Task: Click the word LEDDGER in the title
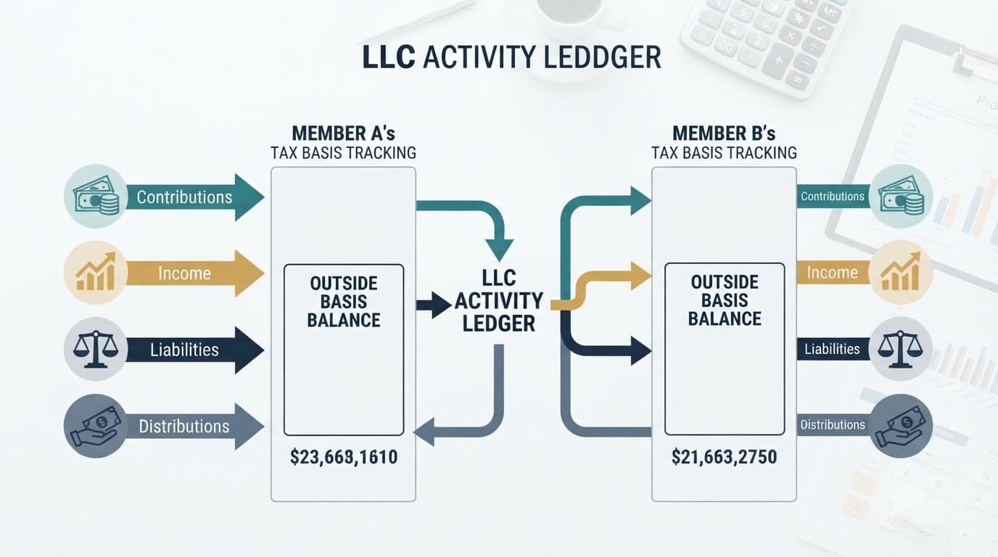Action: (603, 57)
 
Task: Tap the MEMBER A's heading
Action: (344, 133)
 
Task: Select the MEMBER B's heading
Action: (724, 133)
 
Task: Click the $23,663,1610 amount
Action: (344, 457)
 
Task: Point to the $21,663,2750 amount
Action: (724, 457)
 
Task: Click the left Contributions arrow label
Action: (184, 197)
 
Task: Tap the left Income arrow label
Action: (184, 273)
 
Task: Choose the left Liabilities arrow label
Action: (184, 350)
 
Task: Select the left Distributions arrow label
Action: (184, 426)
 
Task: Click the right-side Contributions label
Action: (832, 197)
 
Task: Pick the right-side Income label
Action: (832, 272)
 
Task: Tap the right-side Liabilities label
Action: (832, 349)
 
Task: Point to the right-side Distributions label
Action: (832, 425)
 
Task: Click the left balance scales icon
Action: (95, 350)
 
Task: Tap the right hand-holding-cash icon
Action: (900, 426)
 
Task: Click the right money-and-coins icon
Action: (901, 196)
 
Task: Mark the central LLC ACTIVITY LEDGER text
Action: (499, 301)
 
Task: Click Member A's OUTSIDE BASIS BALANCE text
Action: (344, 302)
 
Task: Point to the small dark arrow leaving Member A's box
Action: (434, 305)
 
